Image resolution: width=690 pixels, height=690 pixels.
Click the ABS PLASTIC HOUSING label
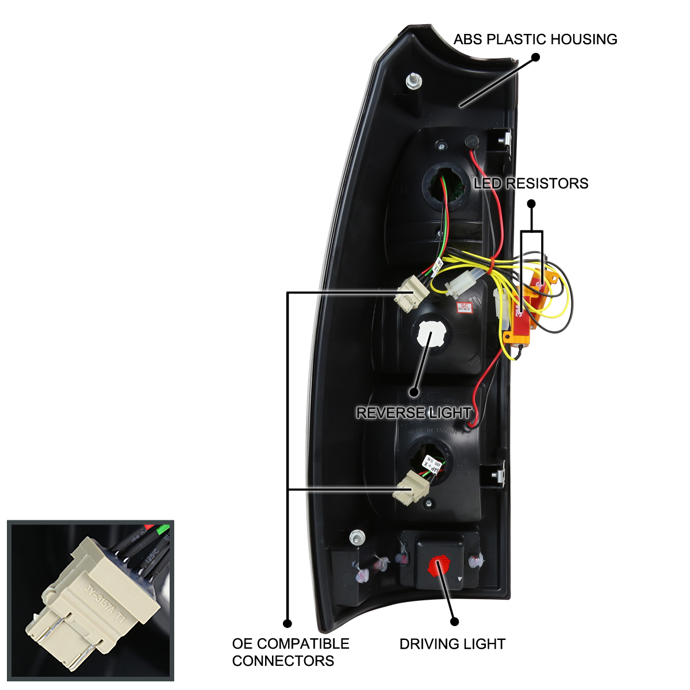[x=535, y=40]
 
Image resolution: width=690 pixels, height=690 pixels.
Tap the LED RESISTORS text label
[x=531, y=183]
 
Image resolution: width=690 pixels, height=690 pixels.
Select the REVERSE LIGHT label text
[x=413, y=413]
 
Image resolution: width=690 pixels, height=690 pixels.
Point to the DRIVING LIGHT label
[x=453, y=644]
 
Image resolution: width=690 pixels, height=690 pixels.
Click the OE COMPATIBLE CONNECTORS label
[x=290, y=652]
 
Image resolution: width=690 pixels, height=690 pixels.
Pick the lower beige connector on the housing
[x=411, y=487]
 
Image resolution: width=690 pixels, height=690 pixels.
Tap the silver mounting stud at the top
[x=412, y=81]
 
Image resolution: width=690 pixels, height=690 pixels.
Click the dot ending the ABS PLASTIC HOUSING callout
[x=535, y=57]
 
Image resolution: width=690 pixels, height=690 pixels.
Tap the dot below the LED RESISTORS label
[x=531, y=204]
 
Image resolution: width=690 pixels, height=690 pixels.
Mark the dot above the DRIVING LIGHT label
[x=454, y=622]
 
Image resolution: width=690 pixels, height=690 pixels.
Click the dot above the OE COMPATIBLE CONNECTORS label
[x=287, y=623]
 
